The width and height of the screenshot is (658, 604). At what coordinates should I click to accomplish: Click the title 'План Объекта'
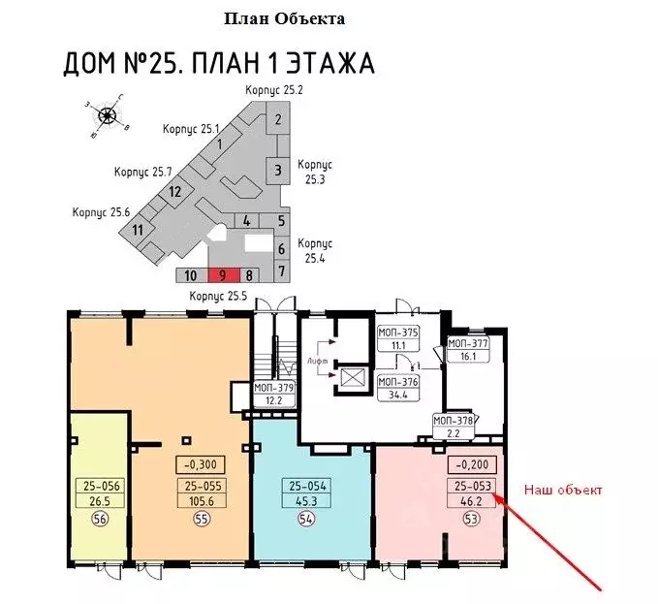[284, 18]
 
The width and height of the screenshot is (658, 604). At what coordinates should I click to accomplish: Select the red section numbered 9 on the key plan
[223, 275]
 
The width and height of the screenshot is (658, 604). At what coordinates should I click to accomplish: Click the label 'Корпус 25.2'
[274, 90]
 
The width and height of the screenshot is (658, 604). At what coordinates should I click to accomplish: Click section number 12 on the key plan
[174, 191]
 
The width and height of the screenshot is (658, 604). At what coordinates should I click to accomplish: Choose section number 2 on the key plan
[278, 120]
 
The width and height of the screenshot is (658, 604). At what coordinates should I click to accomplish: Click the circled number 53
[470, 519]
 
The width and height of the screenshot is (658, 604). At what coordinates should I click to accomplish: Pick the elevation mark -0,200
[470, 463]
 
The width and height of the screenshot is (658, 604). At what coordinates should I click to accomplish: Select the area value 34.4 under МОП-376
[397, 394]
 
